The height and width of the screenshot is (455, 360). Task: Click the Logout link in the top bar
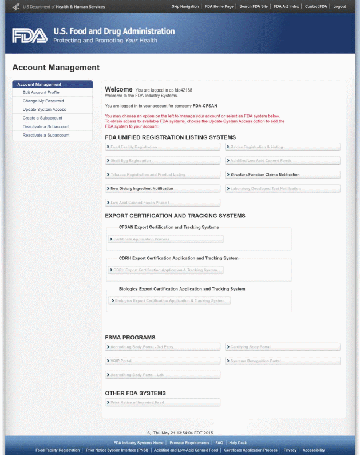(x=339, y=6)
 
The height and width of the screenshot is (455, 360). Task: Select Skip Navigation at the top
(x=185, y=6)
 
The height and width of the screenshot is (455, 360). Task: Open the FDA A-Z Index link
(x=286, y=6)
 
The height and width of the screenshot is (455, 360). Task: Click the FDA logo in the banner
(x=30, y=35)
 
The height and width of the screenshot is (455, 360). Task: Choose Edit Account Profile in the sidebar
(x=41, y=92)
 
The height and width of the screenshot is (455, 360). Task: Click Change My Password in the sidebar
(x=43, y=101)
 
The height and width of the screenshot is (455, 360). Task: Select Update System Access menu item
(x=44, y=109)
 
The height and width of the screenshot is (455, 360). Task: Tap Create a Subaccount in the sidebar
(x=42, y=118)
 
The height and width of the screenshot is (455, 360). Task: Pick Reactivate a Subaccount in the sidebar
(x=46, y=135)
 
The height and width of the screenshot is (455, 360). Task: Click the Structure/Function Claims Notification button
(x=282, y=175)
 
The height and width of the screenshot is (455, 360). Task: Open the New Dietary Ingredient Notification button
(x=163, y=188)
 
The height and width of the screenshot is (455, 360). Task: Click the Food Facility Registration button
(x=163, y=147)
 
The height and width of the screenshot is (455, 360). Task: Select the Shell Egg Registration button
(x=163, y=161)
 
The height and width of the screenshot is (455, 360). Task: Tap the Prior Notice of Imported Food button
(x=163, y=402)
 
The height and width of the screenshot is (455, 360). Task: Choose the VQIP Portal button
(x=163, y=361)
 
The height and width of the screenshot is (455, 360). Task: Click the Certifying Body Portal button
(x=282, y=347)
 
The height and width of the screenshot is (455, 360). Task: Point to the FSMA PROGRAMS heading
(x=130, y=337)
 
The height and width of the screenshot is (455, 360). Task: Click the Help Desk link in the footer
(x=238, y=442)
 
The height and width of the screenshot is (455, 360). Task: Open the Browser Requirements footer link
(x=189, y=442)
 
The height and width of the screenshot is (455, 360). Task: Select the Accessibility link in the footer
(x=314, y=450)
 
